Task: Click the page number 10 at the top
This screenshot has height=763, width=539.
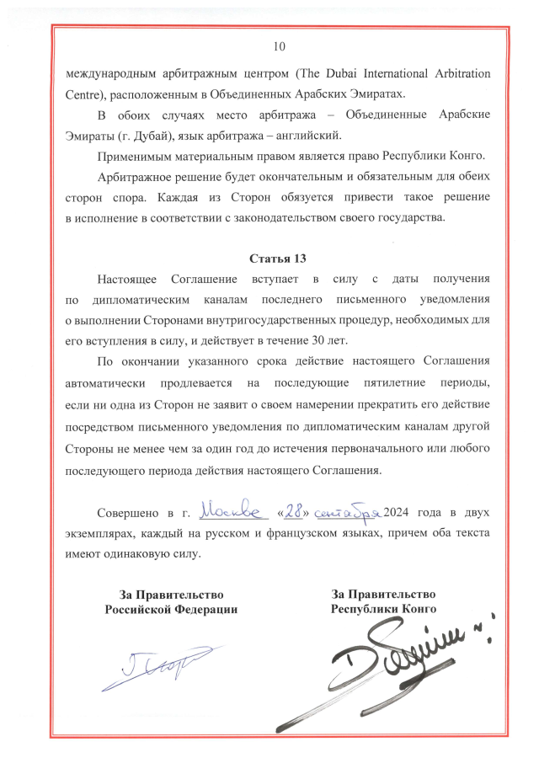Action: [280, 45]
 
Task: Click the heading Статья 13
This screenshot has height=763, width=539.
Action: [280, 257]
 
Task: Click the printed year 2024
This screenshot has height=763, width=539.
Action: [398, 512]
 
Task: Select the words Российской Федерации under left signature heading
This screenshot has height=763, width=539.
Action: [171, 608]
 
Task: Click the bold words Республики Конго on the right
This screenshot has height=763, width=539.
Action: [383, 608]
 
